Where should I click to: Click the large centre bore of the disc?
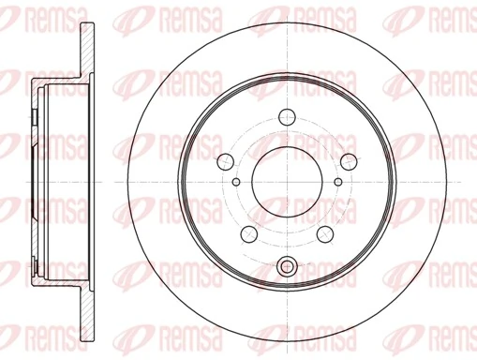coord(288,181)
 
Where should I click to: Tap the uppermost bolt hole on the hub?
coord(288,119)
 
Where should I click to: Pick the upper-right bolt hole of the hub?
coord(347,158)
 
